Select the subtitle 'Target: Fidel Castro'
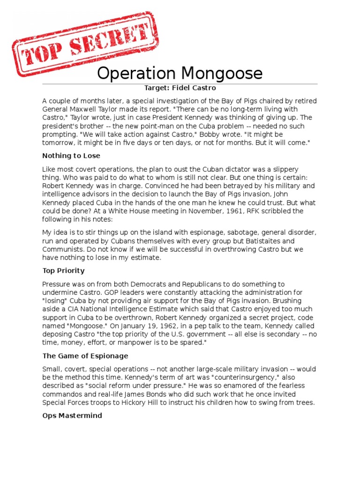coord(180,88)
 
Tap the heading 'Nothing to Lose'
coord(71,156)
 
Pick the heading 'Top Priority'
coord(63,270)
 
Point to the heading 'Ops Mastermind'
coord(72,415)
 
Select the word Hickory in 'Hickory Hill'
coord(144,403)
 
